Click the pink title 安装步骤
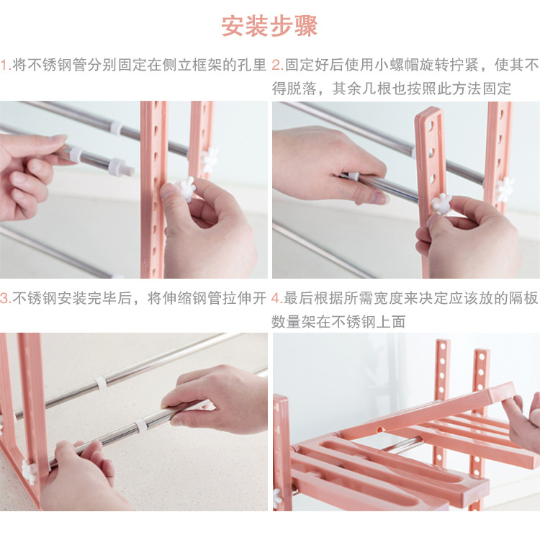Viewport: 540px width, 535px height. [x=269, y=26]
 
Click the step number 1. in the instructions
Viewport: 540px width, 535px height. [x=6, y=65]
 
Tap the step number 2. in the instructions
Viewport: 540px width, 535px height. [x=278, y=65]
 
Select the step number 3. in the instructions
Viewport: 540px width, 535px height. [x=6, y=298]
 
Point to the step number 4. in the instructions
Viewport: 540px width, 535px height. [x=277, y=298]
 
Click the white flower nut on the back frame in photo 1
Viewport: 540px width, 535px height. [x=210, y=160]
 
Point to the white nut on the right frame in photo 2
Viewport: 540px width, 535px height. [x=505, y=189]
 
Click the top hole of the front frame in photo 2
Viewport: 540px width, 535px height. [x=431, y=127]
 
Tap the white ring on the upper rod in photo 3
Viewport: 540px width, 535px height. [x=100, y=383]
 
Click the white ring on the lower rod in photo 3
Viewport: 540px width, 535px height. [x=140, y=426]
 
